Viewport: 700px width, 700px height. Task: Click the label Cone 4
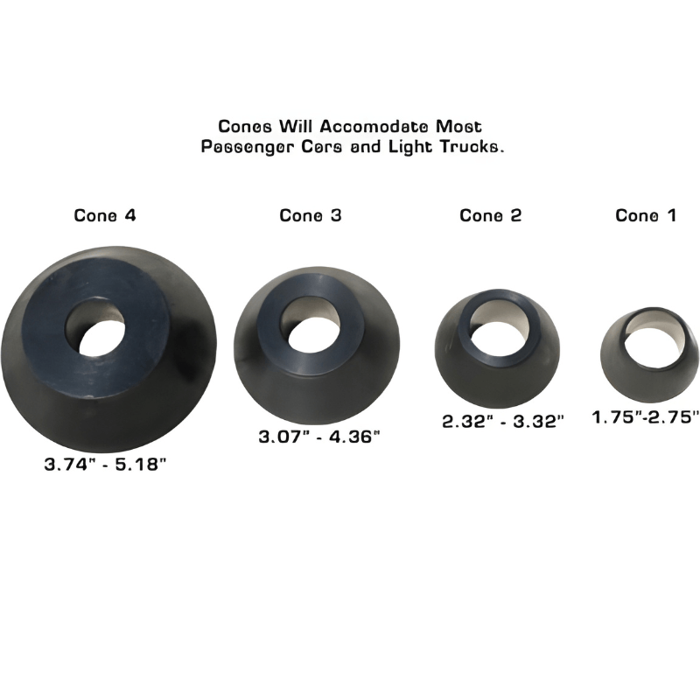[x=105, y=214]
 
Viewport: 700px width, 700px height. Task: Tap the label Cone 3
[x=311, y=214]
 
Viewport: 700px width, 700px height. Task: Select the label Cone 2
[x=490, y=215]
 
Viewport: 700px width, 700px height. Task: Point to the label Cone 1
[x=646, y=215]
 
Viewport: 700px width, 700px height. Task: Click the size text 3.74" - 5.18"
[x=105, y=465]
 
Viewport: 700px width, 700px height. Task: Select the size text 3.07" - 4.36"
[x=318, y=436]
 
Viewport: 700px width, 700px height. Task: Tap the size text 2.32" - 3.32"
[x=503, y=420]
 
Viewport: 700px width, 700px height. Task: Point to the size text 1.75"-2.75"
[x=646, y=418]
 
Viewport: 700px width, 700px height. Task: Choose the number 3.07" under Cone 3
[x=283, y=436]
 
